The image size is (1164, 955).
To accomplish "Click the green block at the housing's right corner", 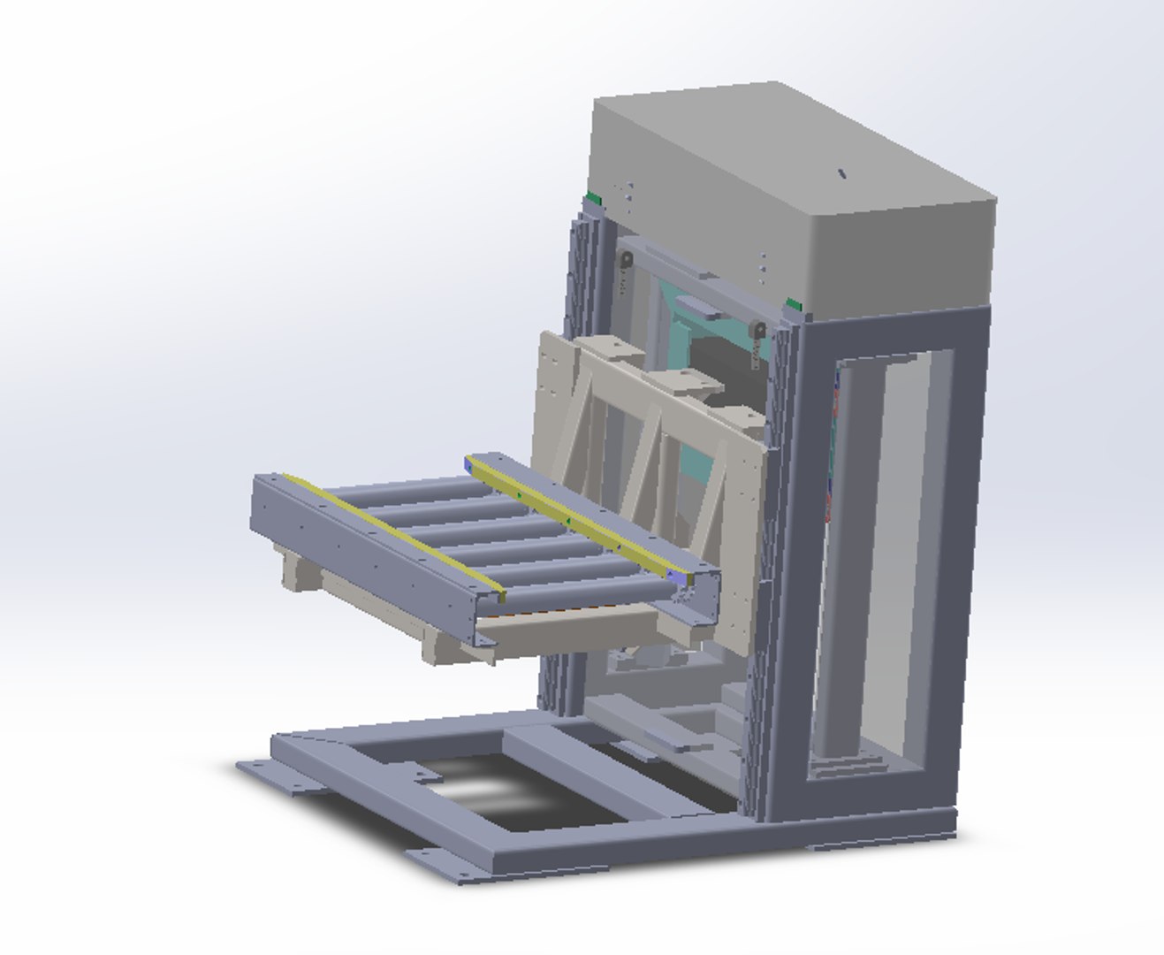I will [x=794, y=306].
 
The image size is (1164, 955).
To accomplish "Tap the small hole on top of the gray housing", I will [x=842, y=174].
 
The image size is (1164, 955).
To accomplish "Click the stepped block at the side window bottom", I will [x=844, y=760].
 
